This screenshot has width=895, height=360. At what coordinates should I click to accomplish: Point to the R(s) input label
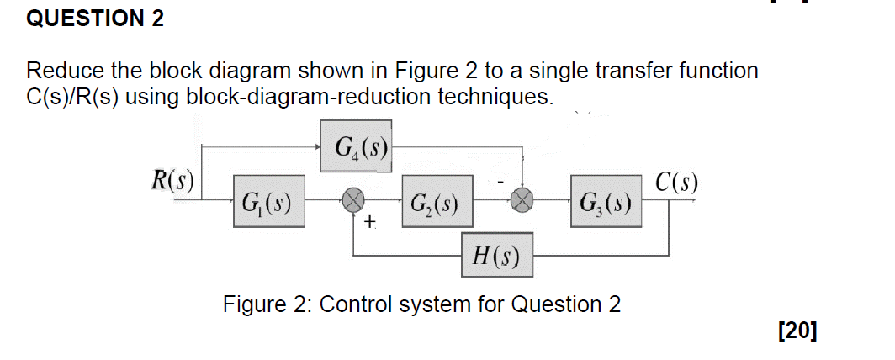click(x=171, y=181)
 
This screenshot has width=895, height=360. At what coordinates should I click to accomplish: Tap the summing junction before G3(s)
click(x=523, y=201)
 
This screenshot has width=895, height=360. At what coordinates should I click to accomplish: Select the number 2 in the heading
click(x=157, y=19)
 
